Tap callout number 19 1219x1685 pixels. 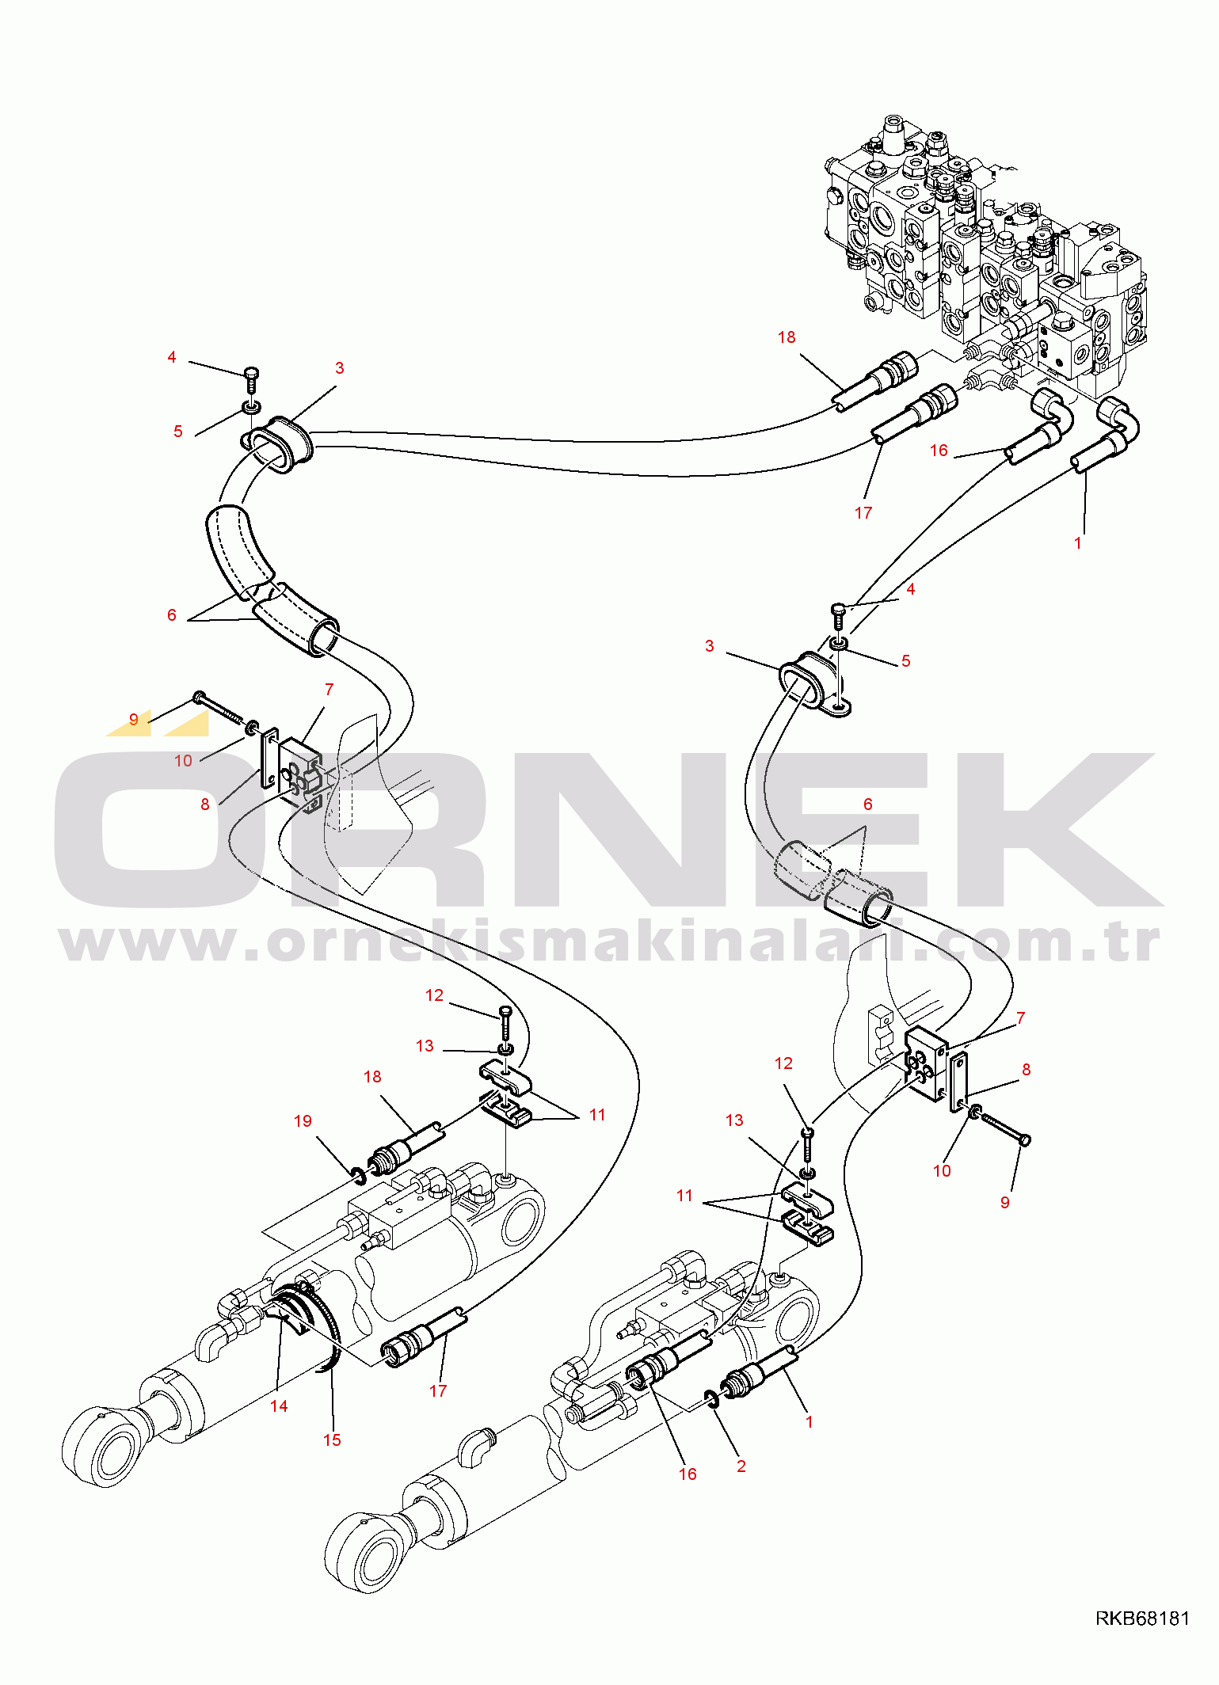click(x=303, y=1121)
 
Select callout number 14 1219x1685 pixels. click(x=279, y=1406)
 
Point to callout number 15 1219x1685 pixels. click(x=332, y=1440)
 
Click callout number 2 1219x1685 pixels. click(x=741, y=1466)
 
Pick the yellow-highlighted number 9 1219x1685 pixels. click(x=134, y=719)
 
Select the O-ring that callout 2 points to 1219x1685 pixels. click(x=710, y=1399)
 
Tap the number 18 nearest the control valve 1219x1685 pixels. click(x=787, y=337)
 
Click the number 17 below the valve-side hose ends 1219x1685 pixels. click(x=863, y=513)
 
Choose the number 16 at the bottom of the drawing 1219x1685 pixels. click(x=688, y=1474)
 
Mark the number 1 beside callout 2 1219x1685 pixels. click(x=809, y=1422)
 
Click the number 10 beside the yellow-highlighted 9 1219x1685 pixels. click(x=183, y=761)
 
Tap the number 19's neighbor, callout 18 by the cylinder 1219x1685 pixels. click(x=372, y=1077)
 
